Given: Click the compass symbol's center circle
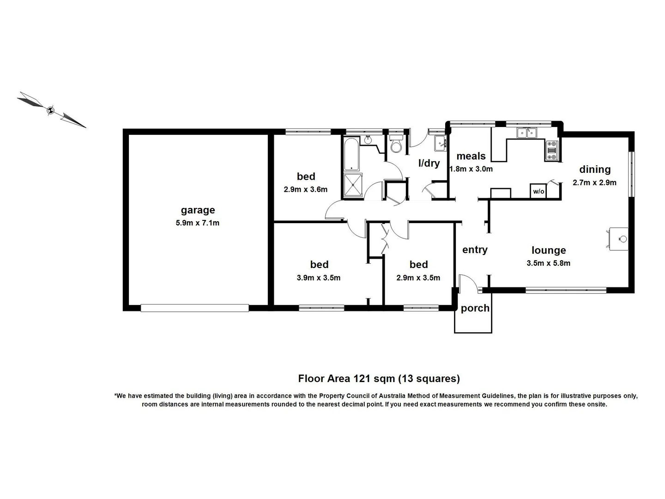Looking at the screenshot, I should (x=51, y=110).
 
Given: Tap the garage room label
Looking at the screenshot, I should (x=198, y=210).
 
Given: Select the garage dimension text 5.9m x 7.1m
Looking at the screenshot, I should (x=198, y=223).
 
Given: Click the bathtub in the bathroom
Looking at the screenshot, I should (x=352, y=154).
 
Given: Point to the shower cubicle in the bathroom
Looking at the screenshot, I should (x=352, y=186).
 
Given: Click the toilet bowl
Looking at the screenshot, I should (x=396, y=146).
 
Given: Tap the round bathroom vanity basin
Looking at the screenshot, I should (x=369, y=140).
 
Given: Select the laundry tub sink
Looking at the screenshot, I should (x=440, y=144).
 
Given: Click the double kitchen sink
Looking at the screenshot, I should (x=527, y=133).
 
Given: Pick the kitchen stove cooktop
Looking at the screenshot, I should (x=552, y=151).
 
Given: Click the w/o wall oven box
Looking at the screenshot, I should (x=538, y=191).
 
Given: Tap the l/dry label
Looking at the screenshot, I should (x=429, y=163).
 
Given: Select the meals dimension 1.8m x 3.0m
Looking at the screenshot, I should (x=471, y=169).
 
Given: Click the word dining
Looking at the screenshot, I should (x=595, y=170).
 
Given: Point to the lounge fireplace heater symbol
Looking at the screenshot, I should (x=619, y=239).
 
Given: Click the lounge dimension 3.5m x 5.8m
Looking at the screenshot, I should (x=548, y=263).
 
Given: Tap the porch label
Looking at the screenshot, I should (x=475, y=308).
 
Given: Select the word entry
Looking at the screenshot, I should (x=475, y=250).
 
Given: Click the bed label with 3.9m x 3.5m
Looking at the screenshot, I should (x=319, y=265).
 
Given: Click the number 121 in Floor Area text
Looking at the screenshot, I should (x=363, y=379).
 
